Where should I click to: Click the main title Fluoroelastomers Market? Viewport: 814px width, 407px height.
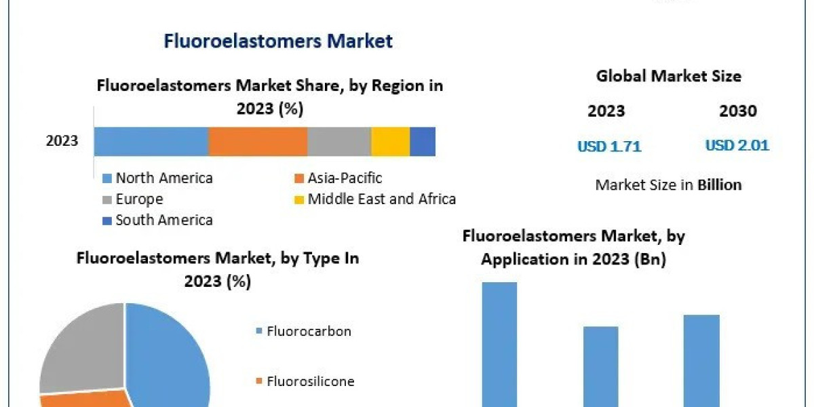pyautogui.click(x=278, y=41)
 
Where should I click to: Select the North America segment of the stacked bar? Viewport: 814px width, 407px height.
pyautogui.click(x=151, y=141)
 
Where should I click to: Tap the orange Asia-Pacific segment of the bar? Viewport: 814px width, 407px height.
pyautogui.click(x=258, y=141)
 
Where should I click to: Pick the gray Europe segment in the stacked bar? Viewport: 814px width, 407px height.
pyautogui.click(x=339, y=141)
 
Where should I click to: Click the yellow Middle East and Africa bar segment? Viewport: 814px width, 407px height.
pyautogui.click(x=390, y=141)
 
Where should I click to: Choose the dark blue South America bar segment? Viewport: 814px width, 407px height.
pyautogui.click(x=423, y=141)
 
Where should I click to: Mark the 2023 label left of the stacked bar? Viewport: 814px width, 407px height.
pyautogui.click(x=62, y=141)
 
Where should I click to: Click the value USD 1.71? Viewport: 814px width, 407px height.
pyautogui.click(x=609, y=146)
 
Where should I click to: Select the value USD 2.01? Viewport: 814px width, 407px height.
pyautogui.click(x=737, y=145)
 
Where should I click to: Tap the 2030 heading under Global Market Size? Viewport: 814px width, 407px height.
pyautogui.click(x=737, y=111)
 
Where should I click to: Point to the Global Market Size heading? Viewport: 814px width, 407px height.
pyautogui.click(x=668, y=76)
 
